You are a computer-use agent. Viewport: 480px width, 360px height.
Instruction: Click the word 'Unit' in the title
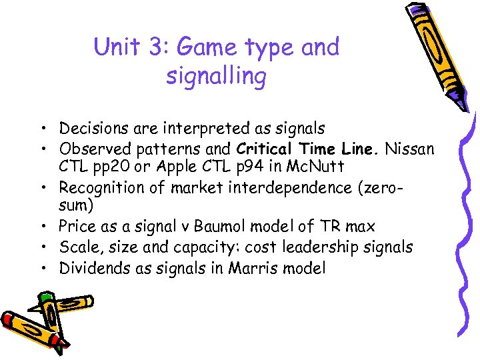pyautogui.click(x=116, y=47)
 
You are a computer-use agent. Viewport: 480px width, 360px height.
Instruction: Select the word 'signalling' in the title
pyautogui.click(x=216, y=77)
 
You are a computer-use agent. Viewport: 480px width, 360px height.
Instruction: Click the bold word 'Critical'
pyautogui.click(x=265, y=148)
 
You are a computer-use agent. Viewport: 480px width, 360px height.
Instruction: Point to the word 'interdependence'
pyautogui.click(x=279, y=189)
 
